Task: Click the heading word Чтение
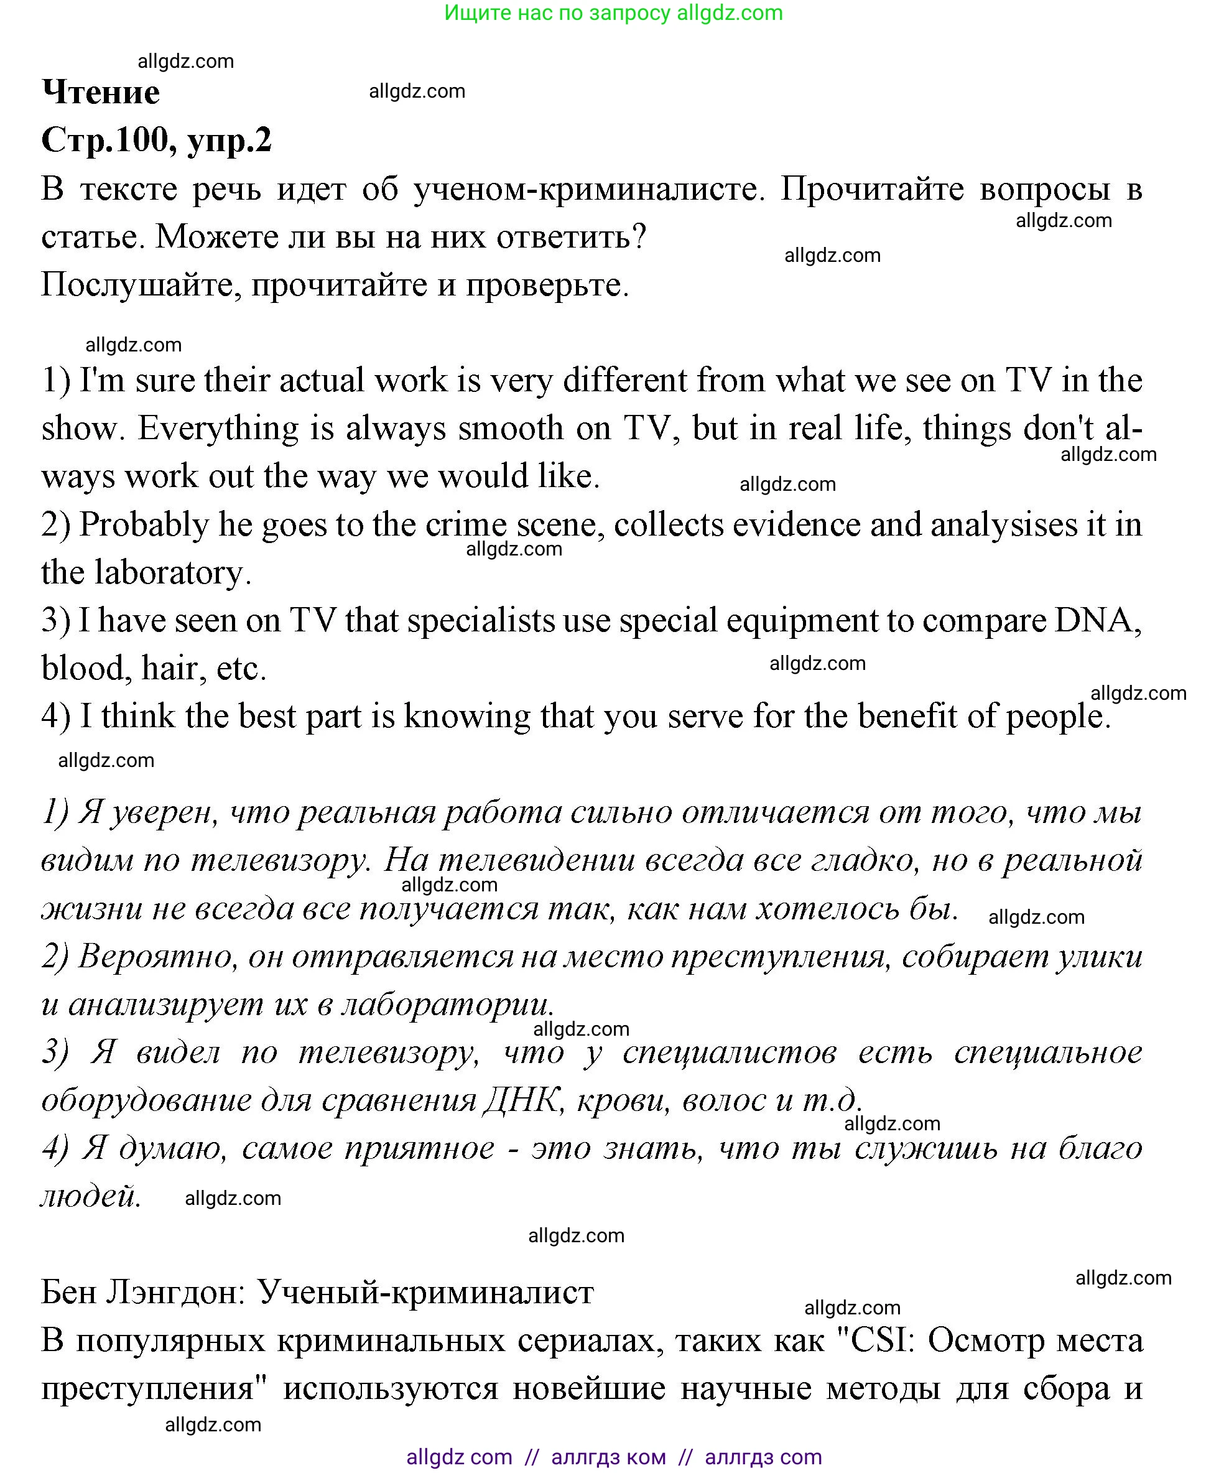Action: (101, 93)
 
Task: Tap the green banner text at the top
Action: (614, 12)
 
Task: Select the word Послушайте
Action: (141, 285)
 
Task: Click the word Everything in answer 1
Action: (218, 429)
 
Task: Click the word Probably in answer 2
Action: (144, 524)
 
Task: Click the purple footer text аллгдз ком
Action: (608, 1457)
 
